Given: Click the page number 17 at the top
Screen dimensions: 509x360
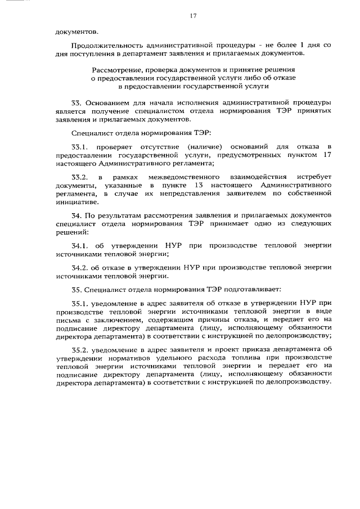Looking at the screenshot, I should (x=193, y=16).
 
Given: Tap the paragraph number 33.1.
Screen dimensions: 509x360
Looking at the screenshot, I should (x=83, y=146).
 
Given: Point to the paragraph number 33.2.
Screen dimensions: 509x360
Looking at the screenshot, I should (x=83, y=177).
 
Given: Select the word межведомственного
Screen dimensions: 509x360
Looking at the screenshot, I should (x=179, y=177).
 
